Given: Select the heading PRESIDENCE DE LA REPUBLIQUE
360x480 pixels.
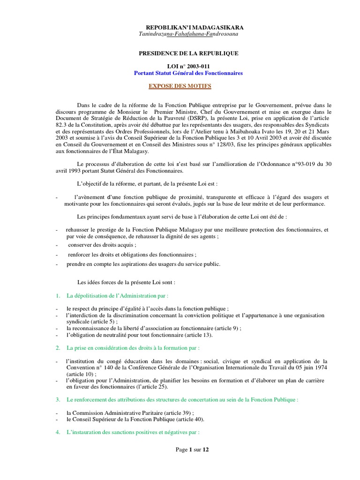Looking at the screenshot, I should (x=188, y=54).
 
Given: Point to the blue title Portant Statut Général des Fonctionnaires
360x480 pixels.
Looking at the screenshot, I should (x=188, y=74).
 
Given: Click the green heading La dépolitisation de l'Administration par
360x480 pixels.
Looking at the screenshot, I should (x=117, y=296).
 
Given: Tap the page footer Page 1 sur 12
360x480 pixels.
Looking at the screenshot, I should (x=192, y=450).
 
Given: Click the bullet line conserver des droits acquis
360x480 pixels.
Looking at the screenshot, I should (x=102, y=245).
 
